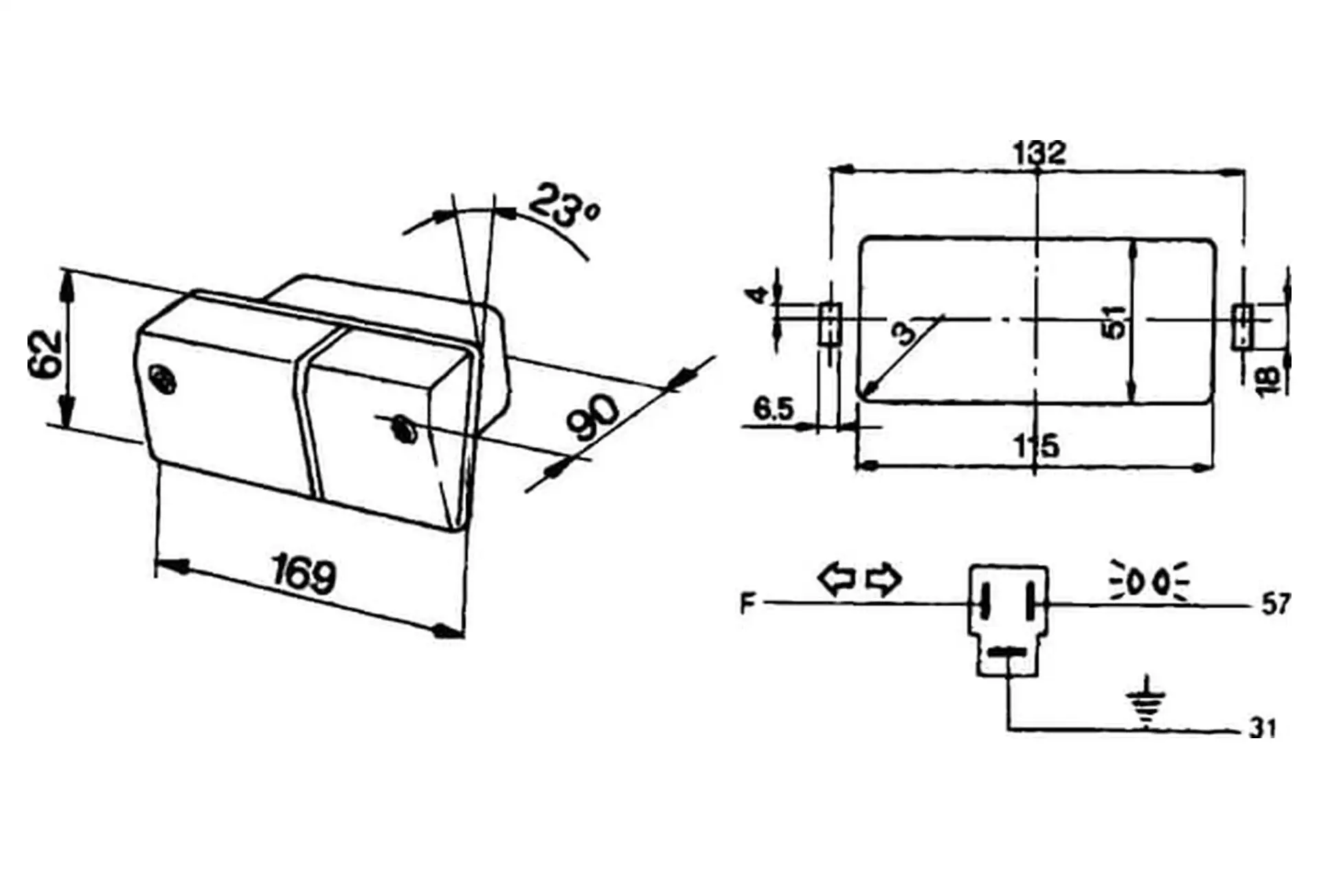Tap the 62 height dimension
45,354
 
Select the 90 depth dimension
595,417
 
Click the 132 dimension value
1039,152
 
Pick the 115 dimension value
1037,446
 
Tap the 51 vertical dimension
1114,321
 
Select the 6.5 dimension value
774,409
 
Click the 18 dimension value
1268,380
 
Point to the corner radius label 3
906,334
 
